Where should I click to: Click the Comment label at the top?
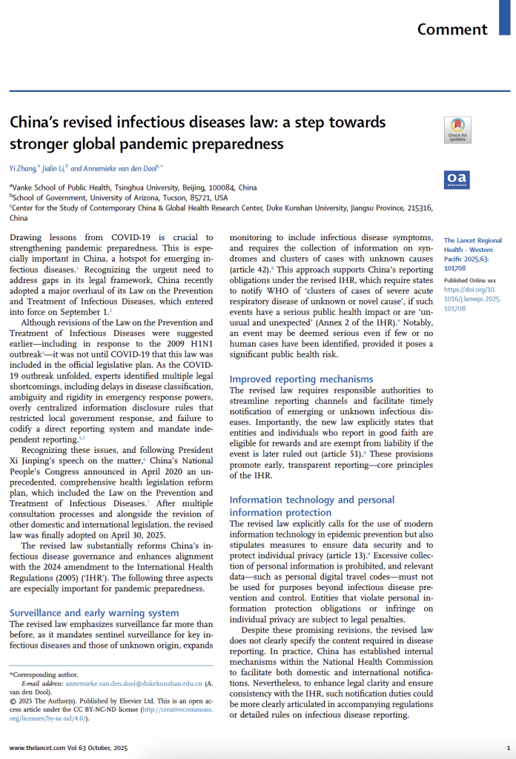coord(452,30)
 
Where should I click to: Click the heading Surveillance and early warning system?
coord(94,612)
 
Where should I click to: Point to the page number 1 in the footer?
coord(508,748)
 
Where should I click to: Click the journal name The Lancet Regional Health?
coord(472,245)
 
